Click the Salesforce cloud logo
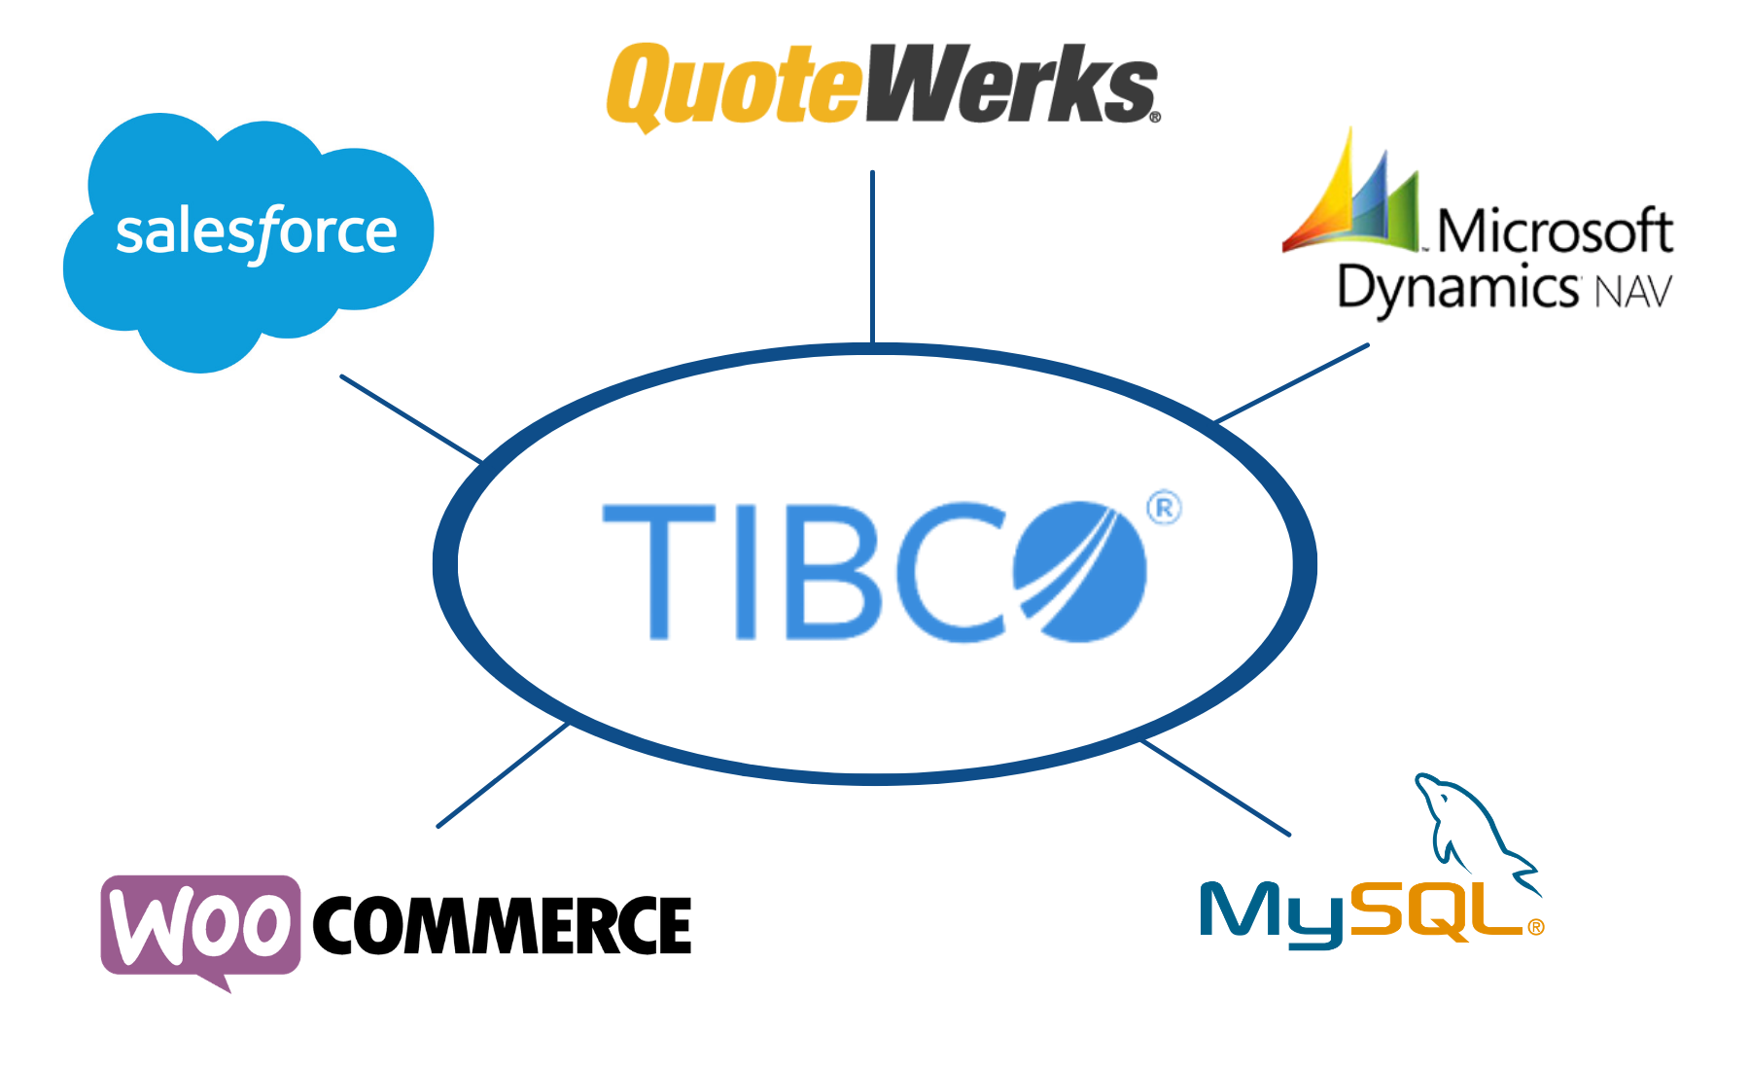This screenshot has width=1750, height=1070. point(248,243)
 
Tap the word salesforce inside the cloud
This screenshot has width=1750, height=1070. point(256,232)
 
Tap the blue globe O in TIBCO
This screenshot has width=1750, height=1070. point(1079,572)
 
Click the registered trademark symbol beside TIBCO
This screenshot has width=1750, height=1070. point(1164,509)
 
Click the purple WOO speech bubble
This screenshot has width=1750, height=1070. point(199,924)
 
